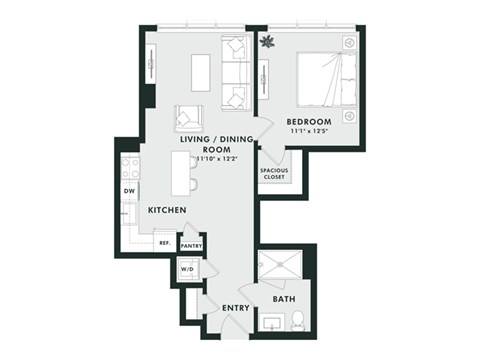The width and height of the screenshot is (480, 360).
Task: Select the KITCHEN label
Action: click(x=166, y=211)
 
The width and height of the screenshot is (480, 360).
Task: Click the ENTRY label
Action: click(x=237, y=307)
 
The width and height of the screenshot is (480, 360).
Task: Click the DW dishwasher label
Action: click(x=130, y=191)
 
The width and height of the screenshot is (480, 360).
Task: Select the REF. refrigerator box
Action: click(x=163, y=242)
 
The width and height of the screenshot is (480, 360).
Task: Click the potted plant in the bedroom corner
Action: click(x=267, y=42)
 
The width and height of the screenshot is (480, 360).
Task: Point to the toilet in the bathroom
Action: click(x=299, y=322)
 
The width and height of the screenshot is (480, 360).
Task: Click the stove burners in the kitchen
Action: click(x=130, y=165)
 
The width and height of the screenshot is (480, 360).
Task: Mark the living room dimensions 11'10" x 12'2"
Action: click(x=203, y=157)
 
